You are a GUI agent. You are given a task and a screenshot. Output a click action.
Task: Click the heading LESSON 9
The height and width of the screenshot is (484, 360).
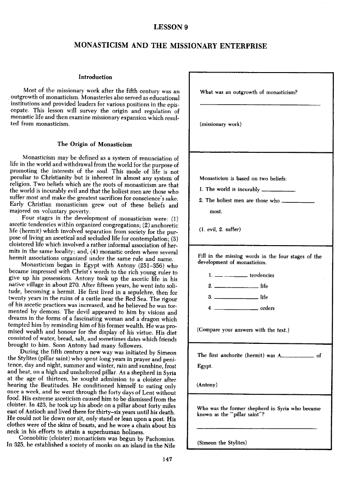pos(171,27)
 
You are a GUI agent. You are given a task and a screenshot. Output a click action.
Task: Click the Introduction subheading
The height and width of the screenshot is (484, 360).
pos(95,77)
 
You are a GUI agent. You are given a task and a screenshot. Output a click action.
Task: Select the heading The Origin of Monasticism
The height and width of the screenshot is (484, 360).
pos(95,144)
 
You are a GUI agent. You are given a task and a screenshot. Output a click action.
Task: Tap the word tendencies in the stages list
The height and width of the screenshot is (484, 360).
pos(262,275)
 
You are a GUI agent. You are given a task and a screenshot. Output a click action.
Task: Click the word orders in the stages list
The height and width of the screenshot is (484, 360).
pos(267,308)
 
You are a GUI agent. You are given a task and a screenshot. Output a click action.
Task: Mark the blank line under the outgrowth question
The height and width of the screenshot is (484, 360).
pos(260,105)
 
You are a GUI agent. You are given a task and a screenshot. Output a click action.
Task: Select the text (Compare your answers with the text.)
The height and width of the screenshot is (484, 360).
pos(243,329)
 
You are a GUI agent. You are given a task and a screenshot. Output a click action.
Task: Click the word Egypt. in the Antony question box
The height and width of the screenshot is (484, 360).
pos(205,366)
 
